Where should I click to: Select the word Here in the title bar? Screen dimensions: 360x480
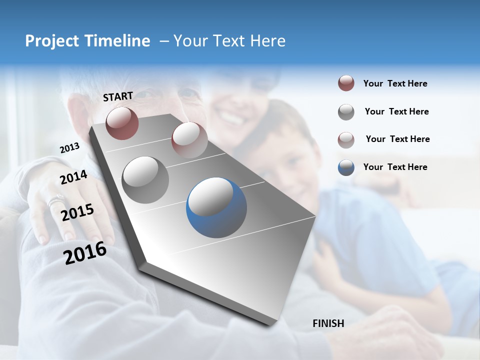(268, 41)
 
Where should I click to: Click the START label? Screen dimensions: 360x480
(118, 96)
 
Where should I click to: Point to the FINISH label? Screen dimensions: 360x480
(328, 323)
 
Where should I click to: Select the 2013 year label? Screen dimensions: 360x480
(69, 148)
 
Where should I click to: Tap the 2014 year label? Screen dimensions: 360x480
(73, 177)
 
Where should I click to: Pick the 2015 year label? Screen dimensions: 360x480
(77, 212)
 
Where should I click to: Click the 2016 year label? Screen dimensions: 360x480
(85, 253)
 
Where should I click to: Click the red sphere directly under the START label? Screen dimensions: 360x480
(122, 123)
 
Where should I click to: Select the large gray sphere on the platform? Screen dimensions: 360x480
(145, 179)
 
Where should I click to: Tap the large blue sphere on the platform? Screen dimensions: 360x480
(216, 207)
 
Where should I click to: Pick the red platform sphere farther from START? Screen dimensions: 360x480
(189, 140)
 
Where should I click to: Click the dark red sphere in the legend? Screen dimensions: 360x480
(346, 83)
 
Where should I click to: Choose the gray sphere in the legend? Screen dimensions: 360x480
(346, 112)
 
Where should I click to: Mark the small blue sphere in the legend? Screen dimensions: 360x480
(346, 167)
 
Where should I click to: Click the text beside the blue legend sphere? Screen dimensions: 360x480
(395, 167)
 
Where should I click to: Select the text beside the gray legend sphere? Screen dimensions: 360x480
(396, 111)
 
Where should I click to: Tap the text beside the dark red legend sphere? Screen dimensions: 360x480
(395, 83)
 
